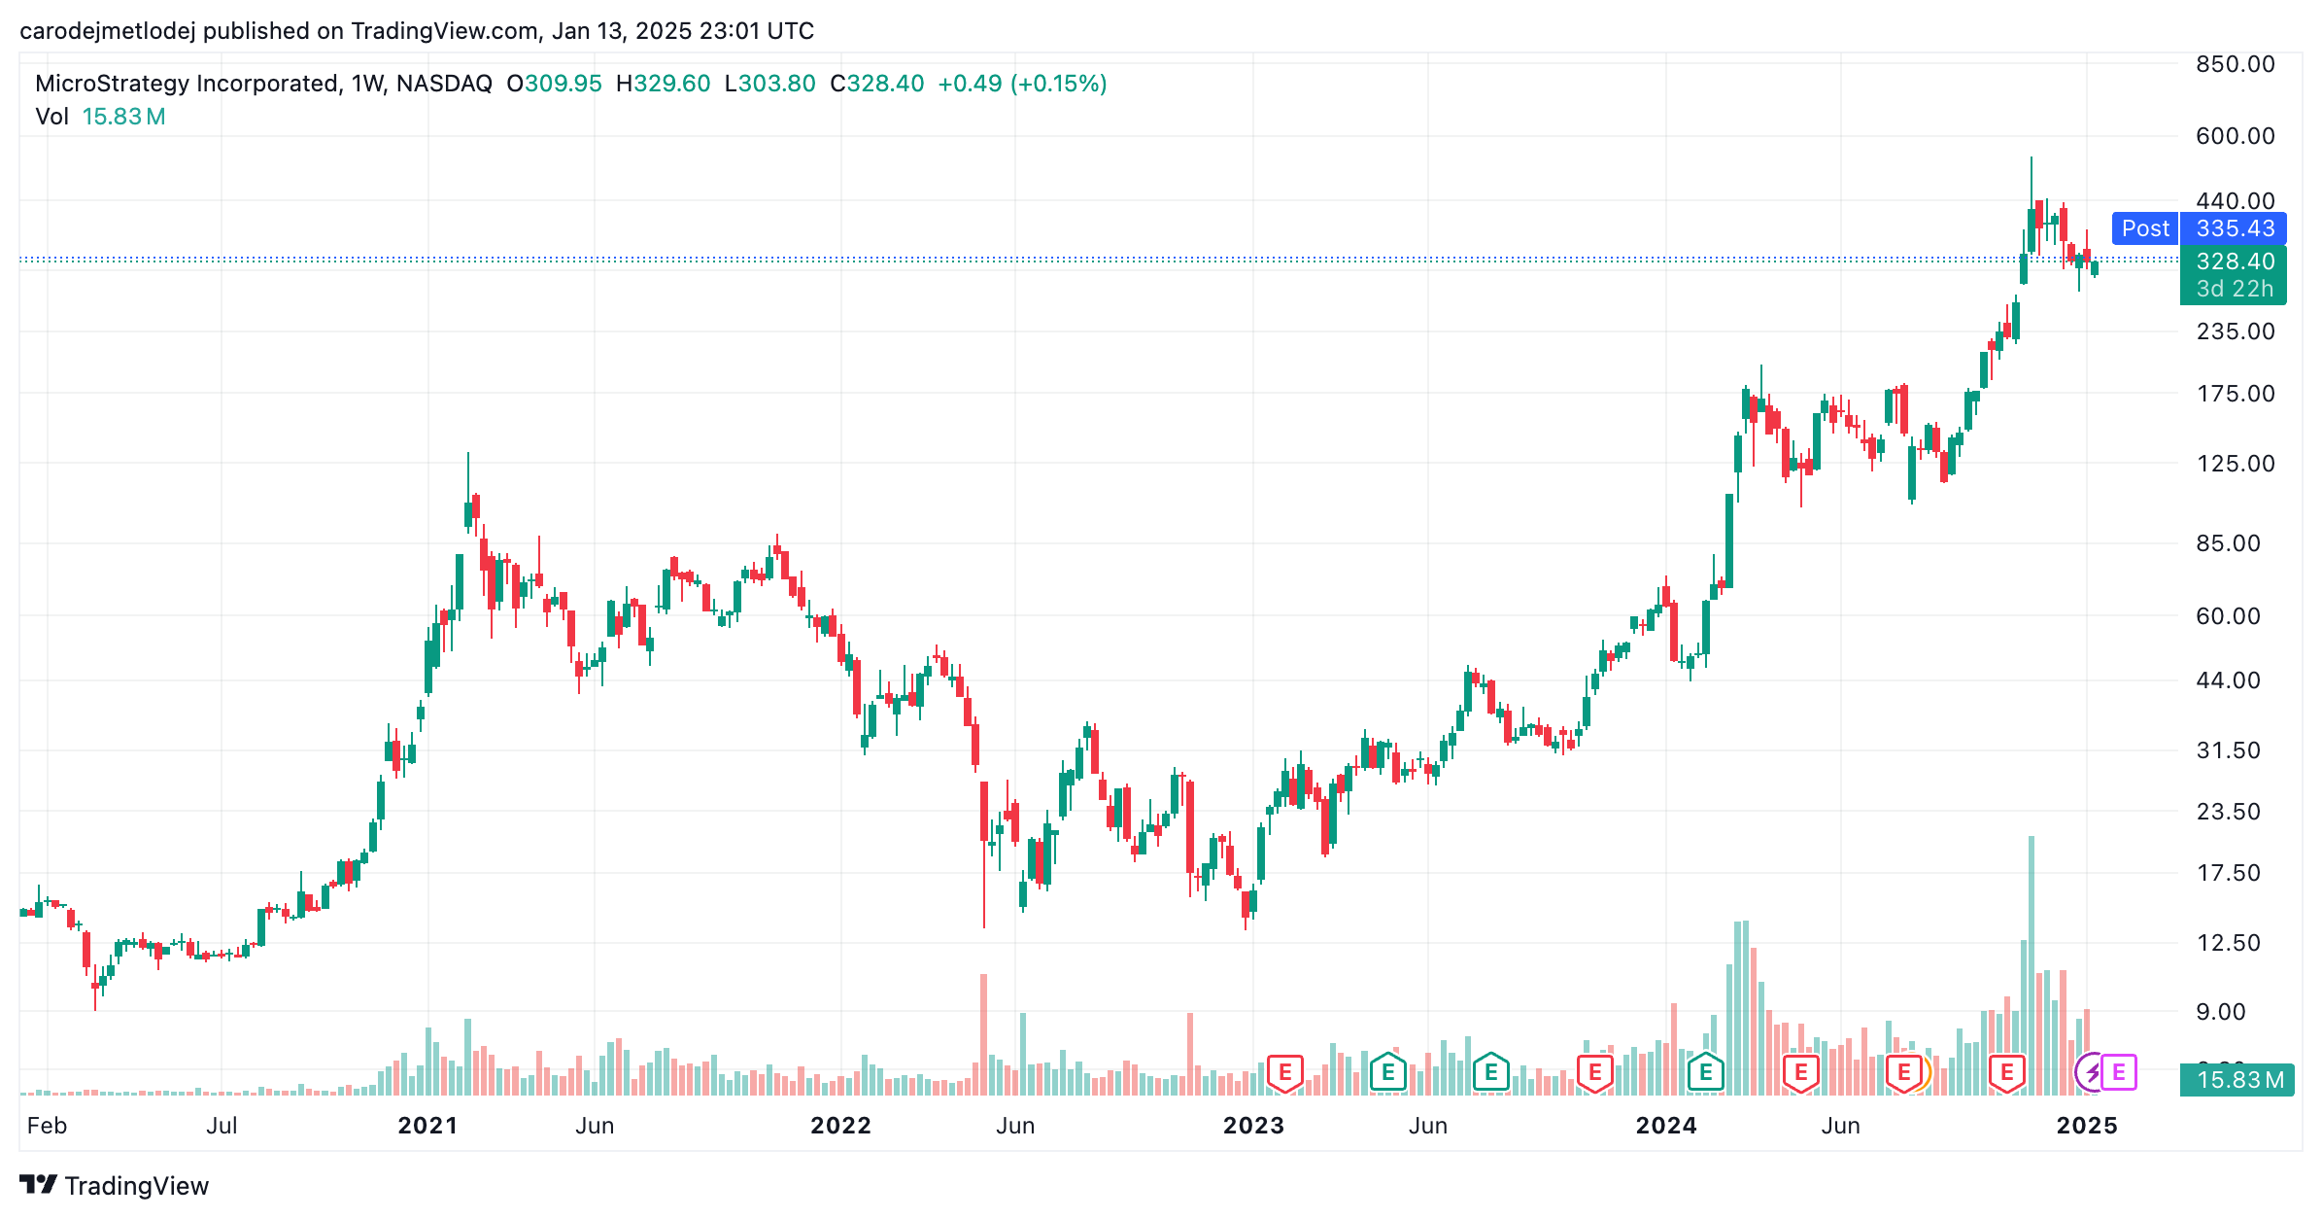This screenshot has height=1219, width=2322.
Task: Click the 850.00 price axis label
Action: click(x=2236, y=64)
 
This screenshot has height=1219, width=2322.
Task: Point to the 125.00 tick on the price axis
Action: click(x=2236, y=463)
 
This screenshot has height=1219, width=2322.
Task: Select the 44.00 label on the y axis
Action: click(x=2228, y=680)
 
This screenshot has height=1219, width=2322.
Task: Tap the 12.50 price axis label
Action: click(x=2228, y=942)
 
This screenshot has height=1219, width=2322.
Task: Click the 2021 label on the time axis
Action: click(x=427, y=1126)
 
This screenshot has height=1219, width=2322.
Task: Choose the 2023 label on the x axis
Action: click(x=1253, y=1126)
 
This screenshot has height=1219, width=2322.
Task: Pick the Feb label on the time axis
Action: click(x=47, y=1126)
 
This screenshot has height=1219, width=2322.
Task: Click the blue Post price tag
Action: click(x=2145, y=228)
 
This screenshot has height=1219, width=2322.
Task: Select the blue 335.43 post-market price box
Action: click(x=2235, y=228)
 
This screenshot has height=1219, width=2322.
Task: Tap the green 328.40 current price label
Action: click(x=2235, y=261)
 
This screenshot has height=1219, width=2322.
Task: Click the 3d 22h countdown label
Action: click(x=2235, y=289)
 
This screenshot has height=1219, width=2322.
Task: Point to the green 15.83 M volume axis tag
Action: click(x=2237, y=1080)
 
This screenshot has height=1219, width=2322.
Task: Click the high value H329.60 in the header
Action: click(x=664, y=84)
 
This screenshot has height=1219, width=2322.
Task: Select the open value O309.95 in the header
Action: click(x=554, y=84)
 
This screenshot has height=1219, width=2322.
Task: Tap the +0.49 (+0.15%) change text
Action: click(x=1022, y=84)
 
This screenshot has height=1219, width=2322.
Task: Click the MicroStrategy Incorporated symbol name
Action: click(x=188, y=84)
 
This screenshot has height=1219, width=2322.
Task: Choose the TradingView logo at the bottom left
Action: click(x=115, y=1186)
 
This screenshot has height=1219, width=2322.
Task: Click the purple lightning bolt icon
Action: click(x=2093, y=1073)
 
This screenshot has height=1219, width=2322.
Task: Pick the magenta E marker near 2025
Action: click(x=2119, y=1073)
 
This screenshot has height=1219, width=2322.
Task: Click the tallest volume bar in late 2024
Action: click(x=2031, y=965)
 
